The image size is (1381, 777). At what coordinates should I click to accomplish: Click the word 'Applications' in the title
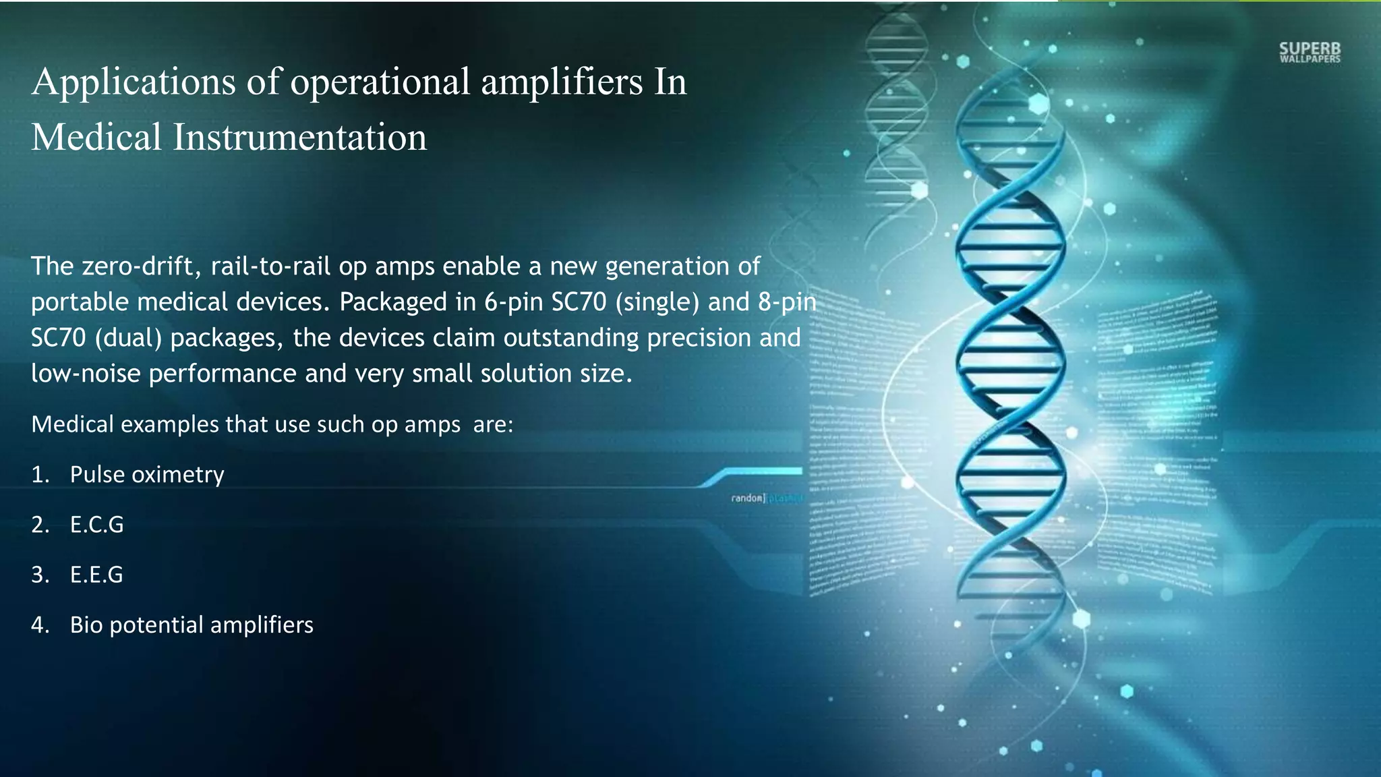[x=134, y=82]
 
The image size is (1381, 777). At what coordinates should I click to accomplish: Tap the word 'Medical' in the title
[x=96, y=137]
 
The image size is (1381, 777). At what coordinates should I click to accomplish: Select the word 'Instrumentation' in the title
[x=300, y=137]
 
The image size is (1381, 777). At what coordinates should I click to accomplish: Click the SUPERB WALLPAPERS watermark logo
[x=1310, y=53]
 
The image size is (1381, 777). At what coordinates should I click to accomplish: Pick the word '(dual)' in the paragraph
[x=128, y=338]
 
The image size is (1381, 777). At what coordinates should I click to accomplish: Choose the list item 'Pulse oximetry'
[x=147, y=475]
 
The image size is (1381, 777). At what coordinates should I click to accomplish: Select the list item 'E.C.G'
[x=97, y=525]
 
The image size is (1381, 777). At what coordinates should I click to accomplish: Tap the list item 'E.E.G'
[x=96, y=575]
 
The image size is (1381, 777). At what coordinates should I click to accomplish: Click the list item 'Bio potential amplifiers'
[x=192, y=625]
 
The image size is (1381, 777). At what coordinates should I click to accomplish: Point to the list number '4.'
[x=40, y=625]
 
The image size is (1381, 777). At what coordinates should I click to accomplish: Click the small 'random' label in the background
[x=747, y=498]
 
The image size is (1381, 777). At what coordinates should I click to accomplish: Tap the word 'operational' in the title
[x=380, y=82]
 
